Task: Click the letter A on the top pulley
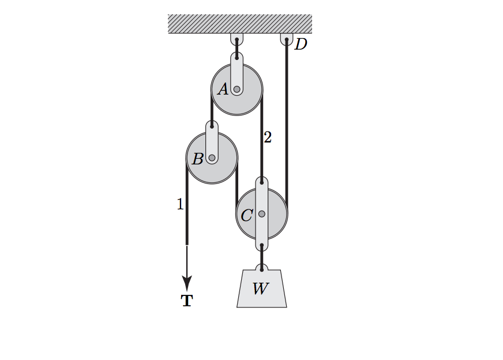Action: point(223,89)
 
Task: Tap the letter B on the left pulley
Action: point(198,159)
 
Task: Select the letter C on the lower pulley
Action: point(247,215)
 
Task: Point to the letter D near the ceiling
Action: point(301,44)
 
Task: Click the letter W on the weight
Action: point(261,288)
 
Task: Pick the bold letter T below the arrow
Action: point(187,301)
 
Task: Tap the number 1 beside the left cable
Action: point(180,204)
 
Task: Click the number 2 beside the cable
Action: point(268,137)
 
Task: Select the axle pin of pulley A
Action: point(237,89)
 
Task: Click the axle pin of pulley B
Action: point(212,158)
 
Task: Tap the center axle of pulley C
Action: point(262,213)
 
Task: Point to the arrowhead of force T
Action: point(187,283)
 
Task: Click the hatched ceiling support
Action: point(240,24)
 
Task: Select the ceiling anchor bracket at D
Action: point(287,39)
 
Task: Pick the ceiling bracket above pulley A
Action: point(237,39)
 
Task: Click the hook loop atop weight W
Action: point(262,268)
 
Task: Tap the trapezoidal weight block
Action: point(262,288)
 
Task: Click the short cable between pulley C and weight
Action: point(262,257)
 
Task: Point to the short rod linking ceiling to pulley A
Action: point(237,49)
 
